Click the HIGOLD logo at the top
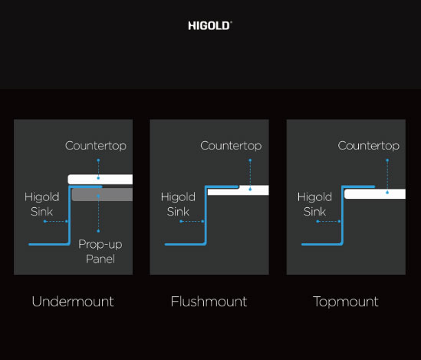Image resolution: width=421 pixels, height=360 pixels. tap(210, 26)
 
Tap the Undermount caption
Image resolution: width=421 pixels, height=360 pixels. tap(73, 302)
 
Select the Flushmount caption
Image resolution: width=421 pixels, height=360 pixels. tap(209, 302)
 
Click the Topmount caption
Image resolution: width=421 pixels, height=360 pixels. tap(346, 302)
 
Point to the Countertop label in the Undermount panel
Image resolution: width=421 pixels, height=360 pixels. tap(96, 146)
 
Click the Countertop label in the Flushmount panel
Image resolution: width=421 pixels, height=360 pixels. tap(231, 146)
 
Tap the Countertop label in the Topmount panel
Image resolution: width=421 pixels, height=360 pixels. tap(369, 146)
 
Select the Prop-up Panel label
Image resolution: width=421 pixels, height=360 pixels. tap(100, 252)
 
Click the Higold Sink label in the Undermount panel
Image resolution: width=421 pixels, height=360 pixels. tap(41, 204)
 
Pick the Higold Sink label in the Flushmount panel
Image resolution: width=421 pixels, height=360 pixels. tap(178, 204)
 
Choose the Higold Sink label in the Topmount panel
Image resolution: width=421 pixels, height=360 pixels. tap(314, 204)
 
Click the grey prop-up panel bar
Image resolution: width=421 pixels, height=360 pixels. tap(102, 194)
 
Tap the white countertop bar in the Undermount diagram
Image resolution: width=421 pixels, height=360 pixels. tap(100, 179)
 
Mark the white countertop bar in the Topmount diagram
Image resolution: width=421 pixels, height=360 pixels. tap(375, 194)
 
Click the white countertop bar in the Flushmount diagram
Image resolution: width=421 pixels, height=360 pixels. tap(238, 190)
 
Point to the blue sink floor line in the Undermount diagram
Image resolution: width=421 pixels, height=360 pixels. tap(49, 244)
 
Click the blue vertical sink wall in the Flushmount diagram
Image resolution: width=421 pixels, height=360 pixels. tap(206, 215)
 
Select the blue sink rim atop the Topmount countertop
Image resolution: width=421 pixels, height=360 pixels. tap(358, 187)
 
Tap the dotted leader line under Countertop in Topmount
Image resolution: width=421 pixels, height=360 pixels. tap(387, 177)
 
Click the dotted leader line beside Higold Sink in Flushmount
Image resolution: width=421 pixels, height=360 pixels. tap(192, 221)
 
